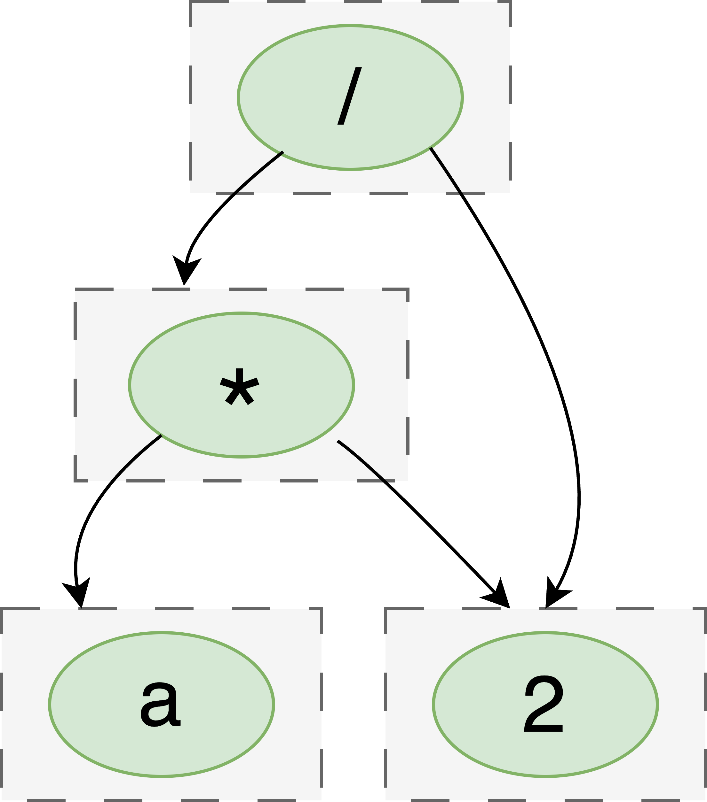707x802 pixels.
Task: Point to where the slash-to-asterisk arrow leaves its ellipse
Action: coord(282,152)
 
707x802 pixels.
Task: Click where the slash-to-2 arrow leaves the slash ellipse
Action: coord(431,148)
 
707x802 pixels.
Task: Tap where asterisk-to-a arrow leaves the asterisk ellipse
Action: coord(161,436)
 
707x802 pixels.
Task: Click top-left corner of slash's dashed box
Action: coord(190,2)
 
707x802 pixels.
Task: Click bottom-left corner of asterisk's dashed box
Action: coord(75,480)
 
